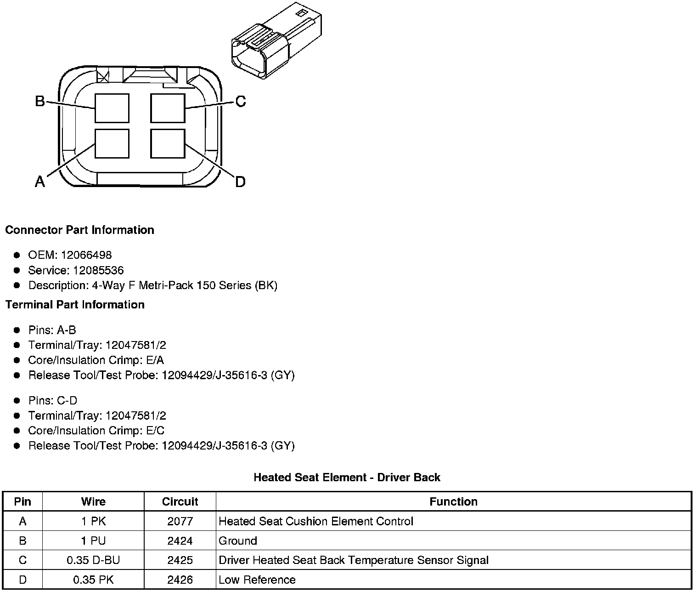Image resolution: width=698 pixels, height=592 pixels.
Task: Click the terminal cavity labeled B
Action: point(112,108)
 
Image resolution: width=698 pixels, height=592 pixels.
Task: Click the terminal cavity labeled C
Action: point(168,108)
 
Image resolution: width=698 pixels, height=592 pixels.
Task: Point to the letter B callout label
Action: point(40,101)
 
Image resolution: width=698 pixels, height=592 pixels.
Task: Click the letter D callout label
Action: point(240,182)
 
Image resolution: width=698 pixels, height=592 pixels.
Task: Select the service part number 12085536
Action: point(98,270)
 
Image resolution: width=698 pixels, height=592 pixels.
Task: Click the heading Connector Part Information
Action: point(79,230)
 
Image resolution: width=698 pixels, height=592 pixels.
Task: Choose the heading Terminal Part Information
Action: point(75,305)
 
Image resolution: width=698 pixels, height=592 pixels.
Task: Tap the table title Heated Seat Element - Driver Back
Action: point(347,478)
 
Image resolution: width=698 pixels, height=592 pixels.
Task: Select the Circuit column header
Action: point(180,501)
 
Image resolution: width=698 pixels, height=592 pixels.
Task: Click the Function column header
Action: point(453,501)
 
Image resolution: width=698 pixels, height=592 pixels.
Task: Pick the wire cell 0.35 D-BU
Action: point(93,560)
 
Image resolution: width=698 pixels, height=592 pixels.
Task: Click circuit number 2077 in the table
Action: point(180,521)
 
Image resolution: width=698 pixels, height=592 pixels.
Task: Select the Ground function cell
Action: point(238,541)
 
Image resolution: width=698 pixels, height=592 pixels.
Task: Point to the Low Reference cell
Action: point(257,580)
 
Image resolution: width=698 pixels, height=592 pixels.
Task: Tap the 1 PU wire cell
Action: point(93,541)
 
